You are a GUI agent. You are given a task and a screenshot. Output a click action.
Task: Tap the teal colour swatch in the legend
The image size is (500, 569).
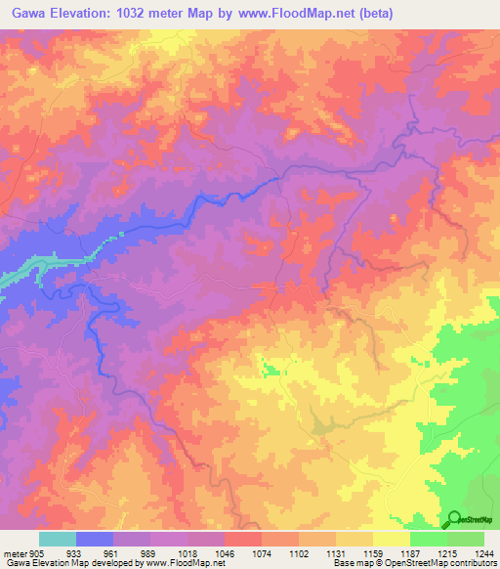pos(57,539)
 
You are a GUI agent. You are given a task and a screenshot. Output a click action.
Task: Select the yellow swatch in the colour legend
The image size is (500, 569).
pos(391,539)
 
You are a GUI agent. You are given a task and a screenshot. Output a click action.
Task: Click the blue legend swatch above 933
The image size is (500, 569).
pos(95,539)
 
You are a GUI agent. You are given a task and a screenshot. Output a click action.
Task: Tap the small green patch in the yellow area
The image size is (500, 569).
pos(269,369)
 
